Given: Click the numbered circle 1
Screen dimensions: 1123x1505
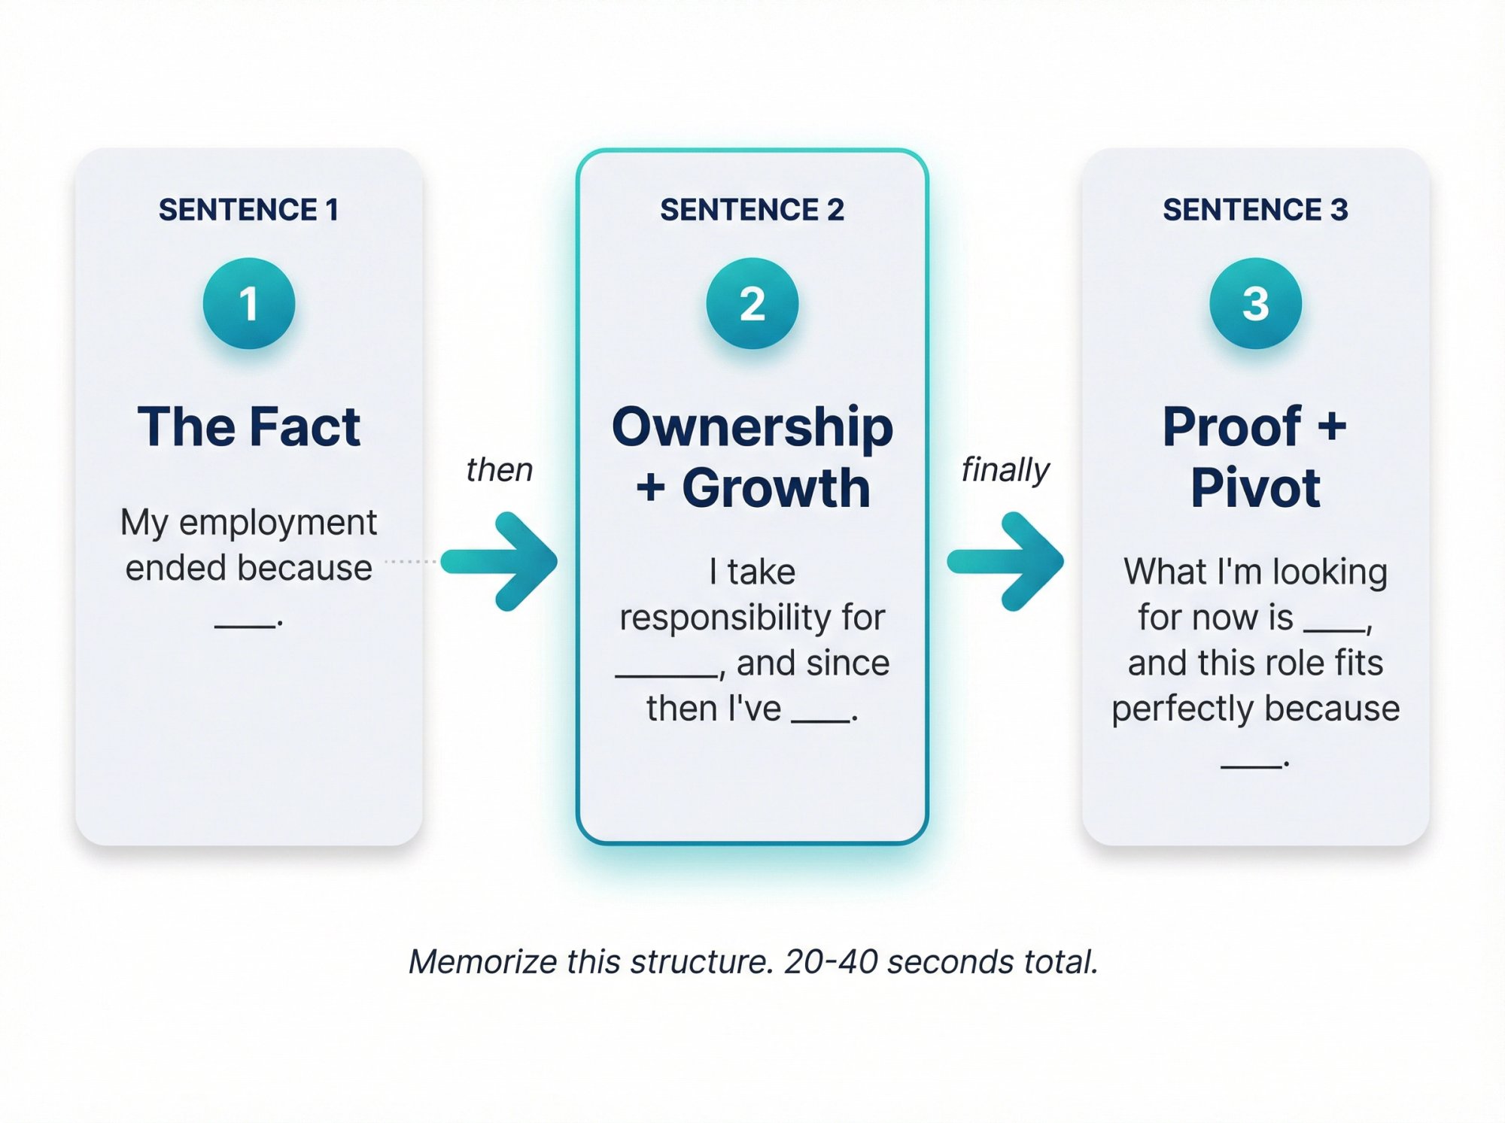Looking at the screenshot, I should pos(249,303).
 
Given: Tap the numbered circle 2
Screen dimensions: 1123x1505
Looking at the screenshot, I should pos(752,303).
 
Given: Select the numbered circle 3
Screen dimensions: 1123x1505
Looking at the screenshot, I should pos(1255,303).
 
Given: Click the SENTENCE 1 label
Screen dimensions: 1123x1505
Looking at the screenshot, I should pos(248,210).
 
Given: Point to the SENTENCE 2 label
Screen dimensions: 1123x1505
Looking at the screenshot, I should pos(752,210).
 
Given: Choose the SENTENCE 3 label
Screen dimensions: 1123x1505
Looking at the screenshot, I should pos(1255,210).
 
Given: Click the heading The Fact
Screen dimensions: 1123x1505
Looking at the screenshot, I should pos(249,426).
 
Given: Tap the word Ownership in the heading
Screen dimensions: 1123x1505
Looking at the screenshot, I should pos(752,427).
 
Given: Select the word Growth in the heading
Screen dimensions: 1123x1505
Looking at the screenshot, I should pos(776,488).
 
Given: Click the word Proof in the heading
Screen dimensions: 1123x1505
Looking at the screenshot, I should pos(1232,426).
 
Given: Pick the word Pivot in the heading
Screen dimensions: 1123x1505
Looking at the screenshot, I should pos(1255,488).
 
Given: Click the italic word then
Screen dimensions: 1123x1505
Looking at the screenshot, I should pos(499,470).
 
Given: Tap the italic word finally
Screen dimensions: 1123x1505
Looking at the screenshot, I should pos(1005,471).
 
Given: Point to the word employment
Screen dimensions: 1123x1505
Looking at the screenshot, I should pos(278,523).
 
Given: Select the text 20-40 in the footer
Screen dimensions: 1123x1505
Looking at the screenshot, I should pos(831,961).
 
